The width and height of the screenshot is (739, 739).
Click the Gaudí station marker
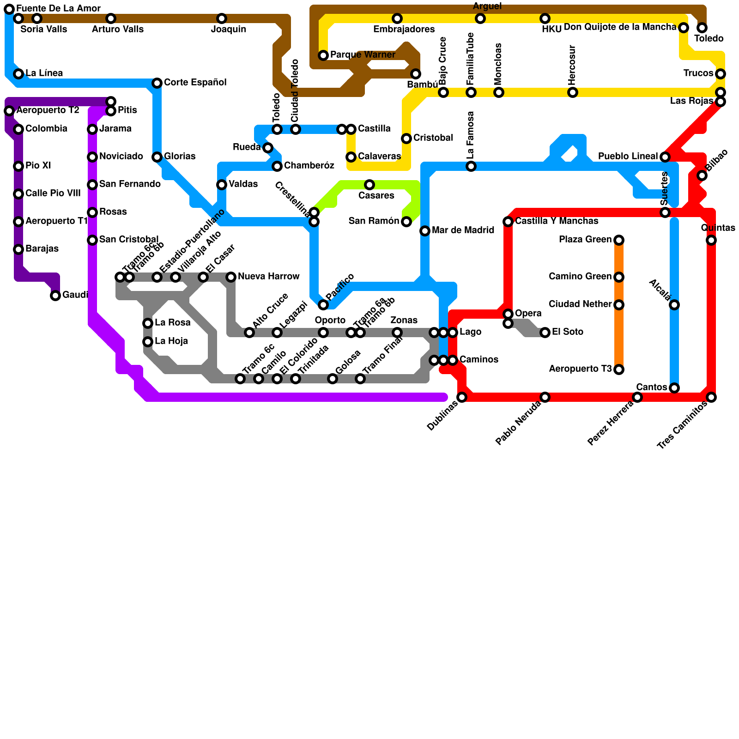55,296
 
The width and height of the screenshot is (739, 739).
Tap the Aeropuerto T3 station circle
619,369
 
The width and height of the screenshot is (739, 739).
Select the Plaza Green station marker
619,240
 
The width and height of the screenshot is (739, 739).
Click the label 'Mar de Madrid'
463,230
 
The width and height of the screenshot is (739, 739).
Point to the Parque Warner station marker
323,55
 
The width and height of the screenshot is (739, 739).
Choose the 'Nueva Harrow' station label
268,277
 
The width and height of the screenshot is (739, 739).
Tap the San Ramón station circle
406,222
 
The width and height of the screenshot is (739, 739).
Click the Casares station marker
369,185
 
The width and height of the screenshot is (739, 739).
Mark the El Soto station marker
545,333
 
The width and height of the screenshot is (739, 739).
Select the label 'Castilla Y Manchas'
557,221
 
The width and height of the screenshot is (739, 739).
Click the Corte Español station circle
157,83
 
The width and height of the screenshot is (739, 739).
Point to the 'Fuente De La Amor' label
58,9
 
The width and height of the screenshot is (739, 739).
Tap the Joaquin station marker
222,18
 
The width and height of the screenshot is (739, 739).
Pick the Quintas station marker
711,240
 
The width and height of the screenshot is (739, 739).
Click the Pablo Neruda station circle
545,397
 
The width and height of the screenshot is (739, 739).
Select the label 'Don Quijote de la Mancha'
620,27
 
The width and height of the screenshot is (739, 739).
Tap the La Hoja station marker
148,342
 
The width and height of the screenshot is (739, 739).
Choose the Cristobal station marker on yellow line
406,139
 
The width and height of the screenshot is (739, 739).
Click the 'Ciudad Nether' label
580,304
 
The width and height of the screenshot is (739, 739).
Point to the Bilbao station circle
702,176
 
